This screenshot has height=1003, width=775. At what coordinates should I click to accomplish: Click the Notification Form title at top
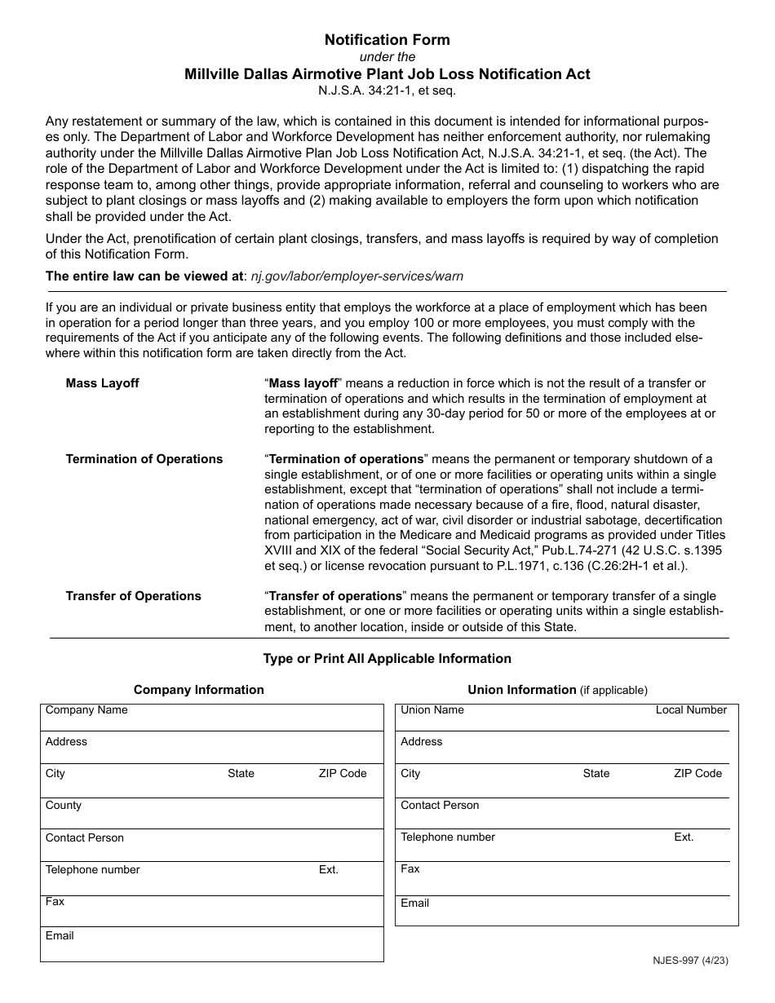point(387,39)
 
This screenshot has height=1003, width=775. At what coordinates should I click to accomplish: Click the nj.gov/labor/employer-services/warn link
point(356,276)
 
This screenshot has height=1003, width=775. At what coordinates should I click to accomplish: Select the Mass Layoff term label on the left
point(102,383)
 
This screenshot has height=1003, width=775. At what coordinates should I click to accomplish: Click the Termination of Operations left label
point(144,459)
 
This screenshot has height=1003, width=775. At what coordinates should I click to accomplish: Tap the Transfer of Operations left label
point(133,596)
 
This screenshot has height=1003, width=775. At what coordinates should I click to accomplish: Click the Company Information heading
point(198,690)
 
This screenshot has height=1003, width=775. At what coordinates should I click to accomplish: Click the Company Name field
point(211,718)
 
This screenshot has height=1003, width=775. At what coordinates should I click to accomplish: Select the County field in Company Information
point(211,813)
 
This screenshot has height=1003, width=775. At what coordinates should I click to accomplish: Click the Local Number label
point(690,710)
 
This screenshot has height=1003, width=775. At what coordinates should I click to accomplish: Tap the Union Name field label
point(432,710)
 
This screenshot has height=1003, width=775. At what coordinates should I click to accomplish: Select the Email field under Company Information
point(211,944)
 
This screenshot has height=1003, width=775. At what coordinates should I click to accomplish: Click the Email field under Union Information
point(566,910)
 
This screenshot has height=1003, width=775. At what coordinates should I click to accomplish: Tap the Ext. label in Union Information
point(683,837)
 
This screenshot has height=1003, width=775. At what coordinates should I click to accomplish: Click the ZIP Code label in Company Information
point(343,774)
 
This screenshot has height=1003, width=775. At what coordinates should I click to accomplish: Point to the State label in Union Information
point(596,774)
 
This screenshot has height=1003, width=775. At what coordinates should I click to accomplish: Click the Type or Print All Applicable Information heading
point(387,658)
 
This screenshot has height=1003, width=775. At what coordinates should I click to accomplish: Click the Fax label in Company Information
point(55,902)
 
